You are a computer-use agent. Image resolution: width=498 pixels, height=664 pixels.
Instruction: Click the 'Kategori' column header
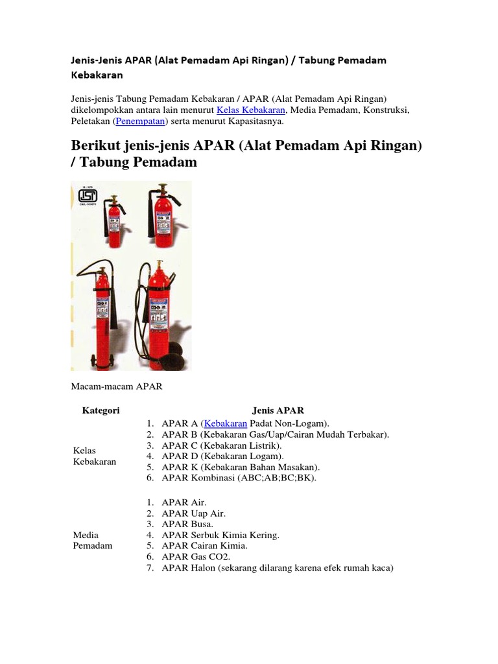click(101, 410)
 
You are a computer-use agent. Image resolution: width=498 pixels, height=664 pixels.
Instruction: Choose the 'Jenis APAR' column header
click(278, 410)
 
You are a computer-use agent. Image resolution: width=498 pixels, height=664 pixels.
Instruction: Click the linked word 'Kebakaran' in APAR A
click(226, 423)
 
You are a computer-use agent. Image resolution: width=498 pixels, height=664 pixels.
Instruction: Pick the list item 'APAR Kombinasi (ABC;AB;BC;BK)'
click(240, 478)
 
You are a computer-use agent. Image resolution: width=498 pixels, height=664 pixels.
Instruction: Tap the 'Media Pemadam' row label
click(93, 540)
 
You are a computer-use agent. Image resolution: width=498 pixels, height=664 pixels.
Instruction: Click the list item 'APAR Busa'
click(187, 523)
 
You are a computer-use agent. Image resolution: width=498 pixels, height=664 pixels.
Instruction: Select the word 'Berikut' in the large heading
click(99, 145)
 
